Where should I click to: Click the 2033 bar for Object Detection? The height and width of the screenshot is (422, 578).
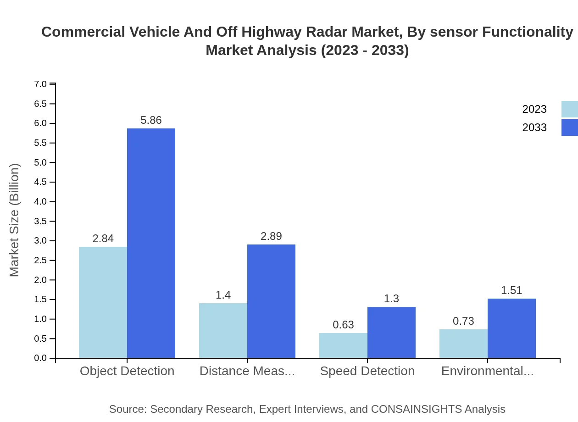[x=151, y=243]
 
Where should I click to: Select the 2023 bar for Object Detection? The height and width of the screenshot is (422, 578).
[x=103, y=302]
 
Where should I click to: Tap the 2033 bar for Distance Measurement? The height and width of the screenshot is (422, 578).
[x=271, y=301]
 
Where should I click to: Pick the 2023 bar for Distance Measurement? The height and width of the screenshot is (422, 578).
[x=223, y=330]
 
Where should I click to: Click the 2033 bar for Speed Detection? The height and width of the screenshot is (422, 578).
[x=391, y=332]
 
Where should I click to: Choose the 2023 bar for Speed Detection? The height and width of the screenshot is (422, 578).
[x=343, y=345]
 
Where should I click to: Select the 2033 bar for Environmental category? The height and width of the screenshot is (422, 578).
[x=511, y=328]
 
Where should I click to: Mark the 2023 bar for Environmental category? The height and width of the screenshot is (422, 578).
[x=463, y=344]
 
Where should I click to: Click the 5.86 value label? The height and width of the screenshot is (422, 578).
[x=151, y=120]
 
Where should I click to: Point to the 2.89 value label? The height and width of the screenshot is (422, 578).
[x=271, y=236]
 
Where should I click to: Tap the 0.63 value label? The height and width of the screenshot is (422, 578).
[x=343, y=325]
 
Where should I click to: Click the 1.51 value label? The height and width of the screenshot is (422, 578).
[x=511, y=290]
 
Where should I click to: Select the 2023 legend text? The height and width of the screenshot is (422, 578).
[x=534, y=109]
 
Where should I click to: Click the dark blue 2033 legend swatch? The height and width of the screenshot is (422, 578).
[x=570, y=128]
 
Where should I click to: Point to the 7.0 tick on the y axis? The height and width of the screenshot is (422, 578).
[x=40, y=84]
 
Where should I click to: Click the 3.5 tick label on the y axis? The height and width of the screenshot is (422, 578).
[x=40, y=221]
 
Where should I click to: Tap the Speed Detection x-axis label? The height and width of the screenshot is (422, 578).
[x=367, y=371]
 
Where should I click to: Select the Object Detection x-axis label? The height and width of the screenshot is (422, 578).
[x=127, y=371]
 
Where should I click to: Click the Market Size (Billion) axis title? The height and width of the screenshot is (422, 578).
[x=15, y=220]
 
